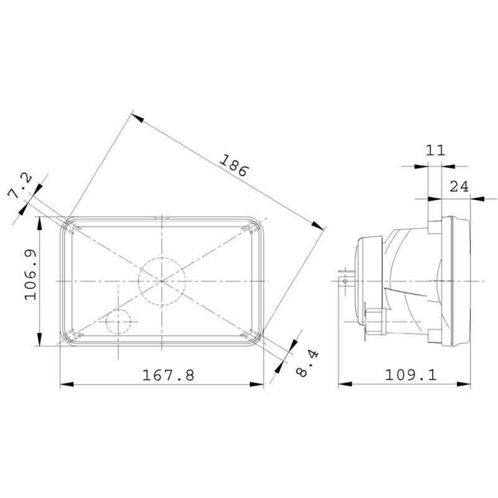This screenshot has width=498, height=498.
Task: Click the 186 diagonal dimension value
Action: pos(233,165)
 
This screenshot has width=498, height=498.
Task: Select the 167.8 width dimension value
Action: pos(168,375)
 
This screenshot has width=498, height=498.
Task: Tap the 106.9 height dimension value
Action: pos(31,275)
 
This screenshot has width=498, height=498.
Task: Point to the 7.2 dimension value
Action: pos(20,185)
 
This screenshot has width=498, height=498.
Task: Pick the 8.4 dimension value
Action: pos(307,364)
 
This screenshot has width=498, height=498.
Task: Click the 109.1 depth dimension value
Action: pos(411,375)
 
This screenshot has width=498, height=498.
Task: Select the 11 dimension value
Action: pos(435,150)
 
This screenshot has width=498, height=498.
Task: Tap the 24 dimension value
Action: pos(459,186)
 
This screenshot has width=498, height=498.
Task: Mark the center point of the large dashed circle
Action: pos(162,281)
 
